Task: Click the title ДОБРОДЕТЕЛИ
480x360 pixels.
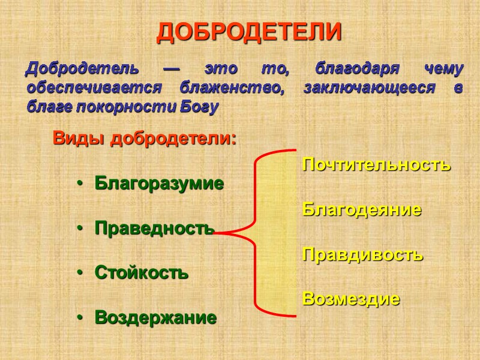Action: pyautogui.click(x=249, y=32)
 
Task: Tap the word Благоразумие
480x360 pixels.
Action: pyautogui.click(x=159, y=183)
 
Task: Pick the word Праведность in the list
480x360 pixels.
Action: pyautogui.click(x=154, y=228)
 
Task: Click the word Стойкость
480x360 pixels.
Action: pyautogui.click(x=142, y=272)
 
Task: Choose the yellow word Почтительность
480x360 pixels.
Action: pyautogui.click(x=376, y=164)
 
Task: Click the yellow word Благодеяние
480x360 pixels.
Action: pyautogui.click(x=362, y=209)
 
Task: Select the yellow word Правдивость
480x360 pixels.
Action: pyautogui.click(x=362, y=254)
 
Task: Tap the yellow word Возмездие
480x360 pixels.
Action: pyautogui.click(x=351, y=298)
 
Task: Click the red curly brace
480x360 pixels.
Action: pyautogui.click(x=258, y=232)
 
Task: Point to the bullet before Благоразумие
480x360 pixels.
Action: pyautogui.click(x=79, y=184)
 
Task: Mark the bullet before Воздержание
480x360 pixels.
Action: pyautogui.click(x=79, y=317)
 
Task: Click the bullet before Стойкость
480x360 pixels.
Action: pyautogui.click(x=79, y=273)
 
